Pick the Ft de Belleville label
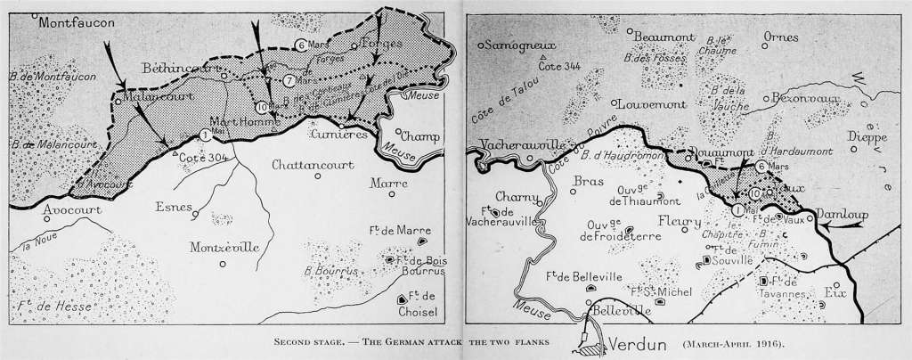[x=583, y=278]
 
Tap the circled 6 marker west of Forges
[x=300, y=45]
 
